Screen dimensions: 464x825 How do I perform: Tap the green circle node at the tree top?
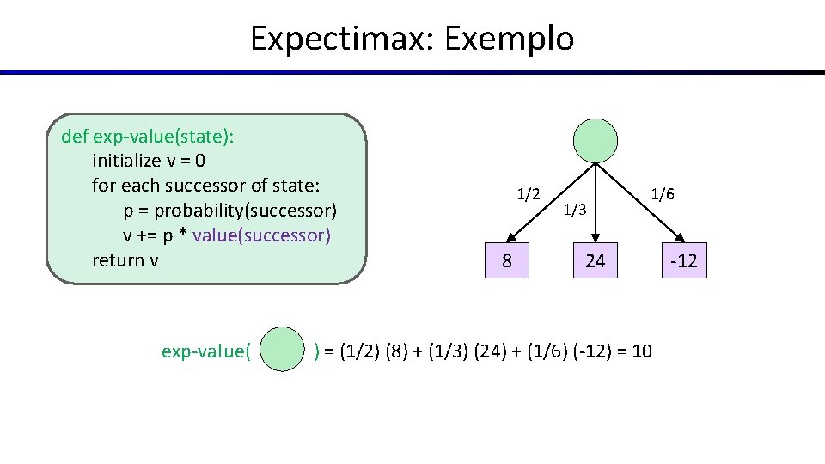click(595, 140)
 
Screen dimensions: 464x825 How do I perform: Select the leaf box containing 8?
click(507, 260)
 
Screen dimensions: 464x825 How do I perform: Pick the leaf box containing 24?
click(595, 260)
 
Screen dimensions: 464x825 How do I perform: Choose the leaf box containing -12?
click(684, 260)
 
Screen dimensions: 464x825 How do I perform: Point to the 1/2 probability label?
click(528, 195)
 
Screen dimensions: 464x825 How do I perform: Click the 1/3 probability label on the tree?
click(575, 209)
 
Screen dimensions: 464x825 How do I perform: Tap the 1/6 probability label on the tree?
click(663, 195)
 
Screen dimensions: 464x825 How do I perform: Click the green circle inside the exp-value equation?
click(282, 349)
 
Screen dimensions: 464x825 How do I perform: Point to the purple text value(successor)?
click(262, 235)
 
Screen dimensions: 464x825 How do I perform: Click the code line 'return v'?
click(125, 259)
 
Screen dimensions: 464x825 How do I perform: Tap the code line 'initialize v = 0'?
click(149, 161)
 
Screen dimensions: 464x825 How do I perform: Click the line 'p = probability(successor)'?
click(229, 211)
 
